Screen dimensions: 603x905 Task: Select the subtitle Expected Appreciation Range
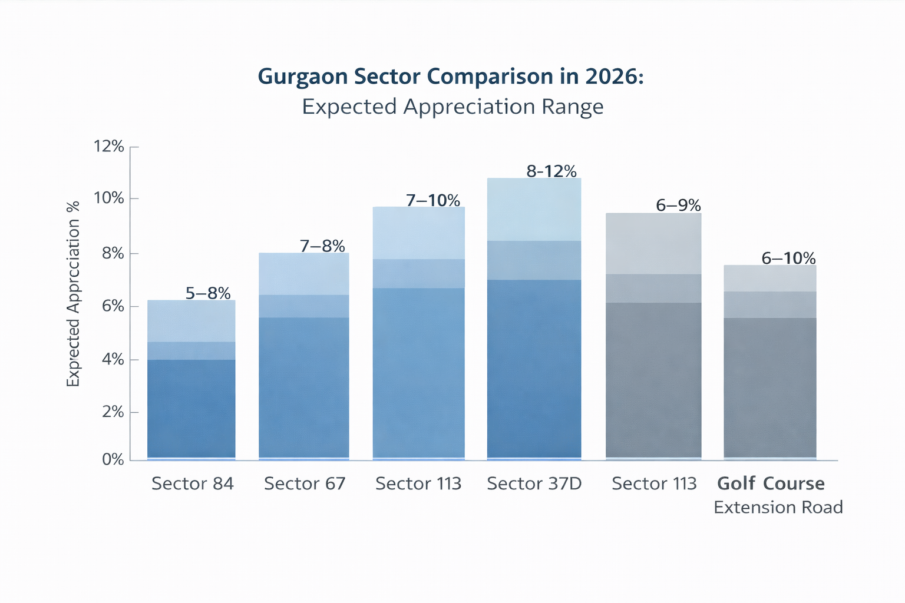[x=452, y=107]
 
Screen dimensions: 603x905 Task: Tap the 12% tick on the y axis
[x=109, y=146]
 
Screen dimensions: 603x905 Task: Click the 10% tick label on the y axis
[x=109, y=198]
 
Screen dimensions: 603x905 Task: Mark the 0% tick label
[x=113, y=459]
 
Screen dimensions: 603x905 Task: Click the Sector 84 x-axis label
[x=192, y=483]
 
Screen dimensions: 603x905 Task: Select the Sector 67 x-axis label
[x=304, y=483]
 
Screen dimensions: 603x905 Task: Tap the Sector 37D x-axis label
[x=534, y=483]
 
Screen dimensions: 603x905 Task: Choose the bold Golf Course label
[x=771, y=483]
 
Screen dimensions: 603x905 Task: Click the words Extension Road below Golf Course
[x=778, y=507]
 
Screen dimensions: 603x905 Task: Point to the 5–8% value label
[x=208, y=293]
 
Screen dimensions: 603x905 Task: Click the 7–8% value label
[x=322, y=246]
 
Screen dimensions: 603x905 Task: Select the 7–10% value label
[x=433, y=200]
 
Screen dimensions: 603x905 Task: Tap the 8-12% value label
[x=551, y=171]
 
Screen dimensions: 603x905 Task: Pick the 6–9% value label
[x=678, y=206]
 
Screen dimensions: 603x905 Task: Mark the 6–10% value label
[x=788, y=258]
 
